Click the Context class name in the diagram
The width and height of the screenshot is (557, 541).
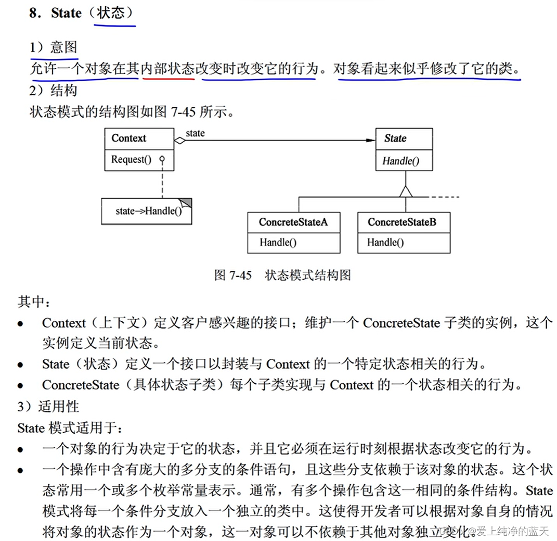[128, 138]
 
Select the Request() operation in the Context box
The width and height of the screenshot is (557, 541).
[131, 159]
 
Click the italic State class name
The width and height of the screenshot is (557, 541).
[395, 138]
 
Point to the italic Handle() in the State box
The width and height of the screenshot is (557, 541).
[400, 161]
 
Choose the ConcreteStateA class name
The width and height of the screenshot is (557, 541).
[293, 222]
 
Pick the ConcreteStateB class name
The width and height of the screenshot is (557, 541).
[402, 222]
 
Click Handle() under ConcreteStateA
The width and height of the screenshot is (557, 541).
[278, 242]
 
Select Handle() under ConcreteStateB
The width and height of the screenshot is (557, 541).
[385, 242]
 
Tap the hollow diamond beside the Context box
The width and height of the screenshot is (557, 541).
[180, 140]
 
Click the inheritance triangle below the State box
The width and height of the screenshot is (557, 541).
[406, 191]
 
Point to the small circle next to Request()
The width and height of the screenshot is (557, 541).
[162, 159]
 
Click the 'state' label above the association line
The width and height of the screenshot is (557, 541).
[195, 133]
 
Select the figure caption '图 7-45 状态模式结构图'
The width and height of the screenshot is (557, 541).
[282, 275]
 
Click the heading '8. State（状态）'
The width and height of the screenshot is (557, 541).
[82, 14]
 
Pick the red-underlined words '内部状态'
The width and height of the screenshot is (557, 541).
[167, 69]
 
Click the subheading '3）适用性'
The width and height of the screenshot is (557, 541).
[48, 406]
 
